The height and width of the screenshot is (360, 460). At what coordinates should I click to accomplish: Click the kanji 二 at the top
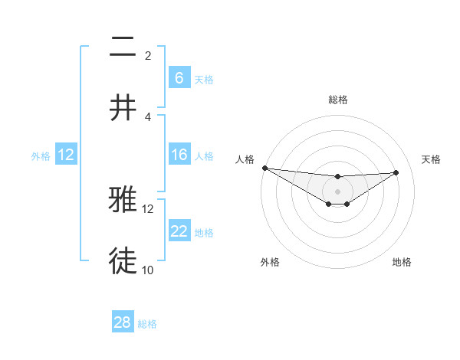(x=123, y=48)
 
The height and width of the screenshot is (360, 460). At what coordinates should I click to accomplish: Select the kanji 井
(x=123, y=107)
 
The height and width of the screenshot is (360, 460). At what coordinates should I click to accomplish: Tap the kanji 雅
(x=123, y=200)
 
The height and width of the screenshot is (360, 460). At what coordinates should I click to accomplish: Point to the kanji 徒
(x=123, y=260)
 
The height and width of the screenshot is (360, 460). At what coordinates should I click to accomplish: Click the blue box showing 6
(x=179, y=78)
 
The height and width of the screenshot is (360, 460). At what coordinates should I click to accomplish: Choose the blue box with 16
(x=179, y=155)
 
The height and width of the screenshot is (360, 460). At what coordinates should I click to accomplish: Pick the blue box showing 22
(x=179, y=231)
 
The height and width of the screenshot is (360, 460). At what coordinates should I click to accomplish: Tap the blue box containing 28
(x=123, y=322)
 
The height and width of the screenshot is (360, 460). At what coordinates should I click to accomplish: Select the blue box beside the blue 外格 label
(x=66, y=155)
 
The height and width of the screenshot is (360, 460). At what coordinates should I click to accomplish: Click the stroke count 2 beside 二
(x=148, y=56)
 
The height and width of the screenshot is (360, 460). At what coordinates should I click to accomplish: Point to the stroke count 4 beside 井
(x=148, y=116)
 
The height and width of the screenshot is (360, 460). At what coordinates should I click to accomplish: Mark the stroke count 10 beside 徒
(x=148, y=270)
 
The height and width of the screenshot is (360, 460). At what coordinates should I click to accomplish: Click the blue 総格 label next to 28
(x=147, y=324)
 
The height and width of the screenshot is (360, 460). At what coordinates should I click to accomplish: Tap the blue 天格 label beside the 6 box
(x=204, y=79)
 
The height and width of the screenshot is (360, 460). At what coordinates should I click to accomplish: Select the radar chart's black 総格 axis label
(x=337, y=100)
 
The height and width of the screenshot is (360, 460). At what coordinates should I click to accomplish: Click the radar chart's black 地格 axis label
(x=402, y=262)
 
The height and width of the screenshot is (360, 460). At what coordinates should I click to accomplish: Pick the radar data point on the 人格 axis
(x=264, y=168)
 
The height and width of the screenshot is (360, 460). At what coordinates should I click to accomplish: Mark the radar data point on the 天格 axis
(x=396, y=172)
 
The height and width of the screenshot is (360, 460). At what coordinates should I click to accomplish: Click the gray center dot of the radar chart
(x=337, y=191)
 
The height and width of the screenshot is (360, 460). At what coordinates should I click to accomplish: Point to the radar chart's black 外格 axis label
(x=270, y=262)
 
